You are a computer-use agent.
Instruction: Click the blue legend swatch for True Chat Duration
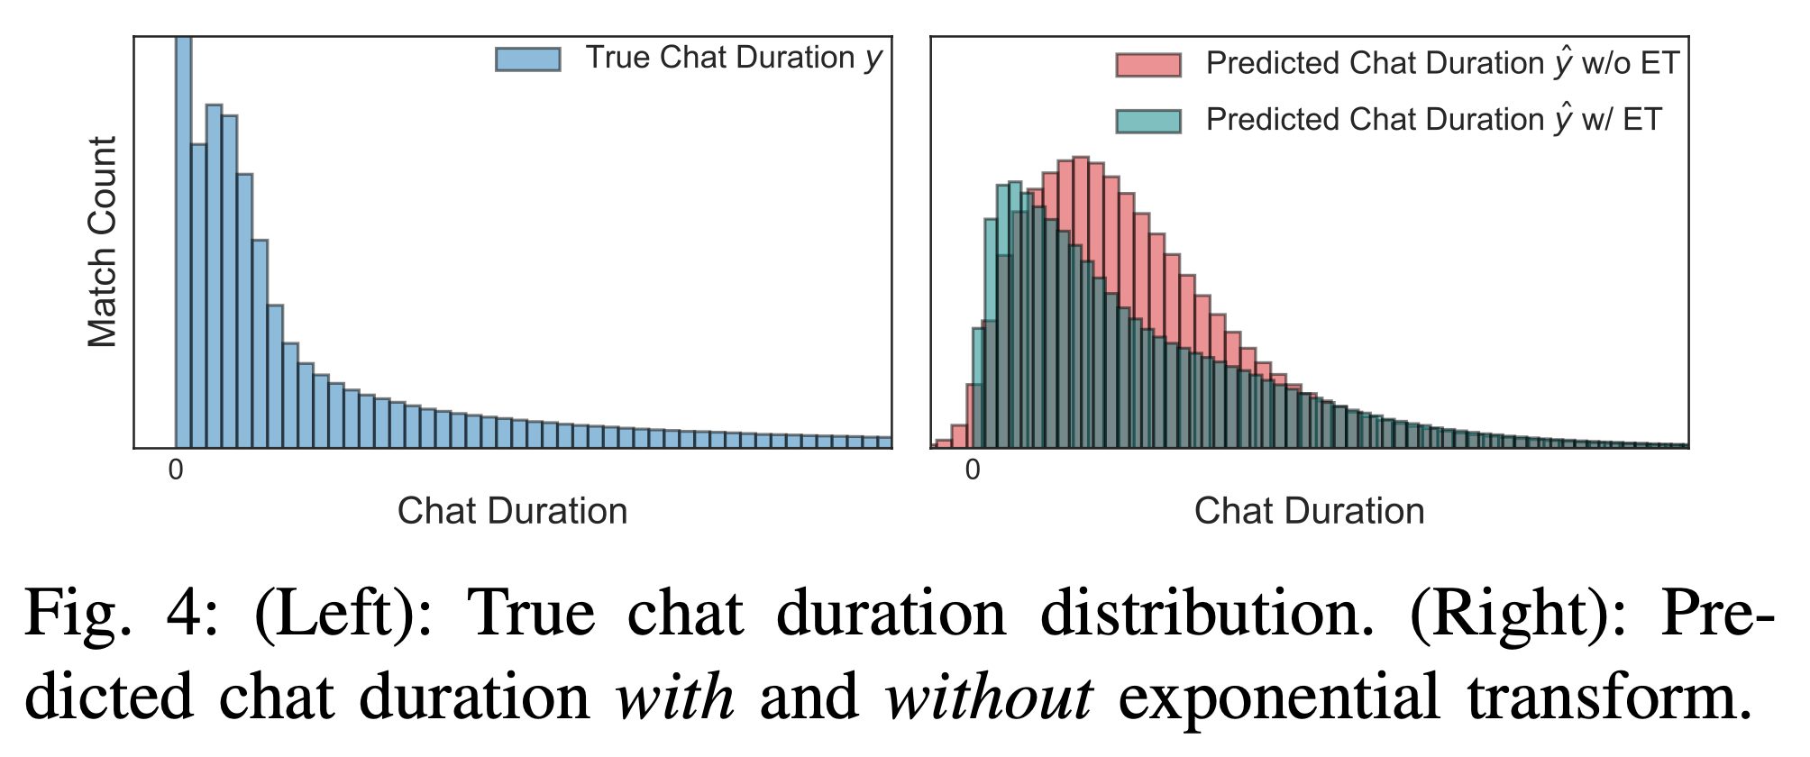528,59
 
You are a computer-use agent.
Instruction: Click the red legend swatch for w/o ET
1147,65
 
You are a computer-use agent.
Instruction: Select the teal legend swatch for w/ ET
1147,121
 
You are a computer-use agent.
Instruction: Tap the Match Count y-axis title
102,242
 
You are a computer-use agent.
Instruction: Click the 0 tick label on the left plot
176,470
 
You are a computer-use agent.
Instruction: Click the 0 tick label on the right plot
972,470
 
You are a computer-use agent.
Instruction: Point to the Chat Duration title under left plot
512,511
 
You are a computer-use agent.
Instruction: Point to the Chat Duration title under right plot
1309,511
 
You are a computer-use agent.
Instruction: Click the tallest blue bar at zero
183,243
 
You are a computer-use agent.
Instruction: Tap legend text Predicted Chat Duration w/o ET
1442,63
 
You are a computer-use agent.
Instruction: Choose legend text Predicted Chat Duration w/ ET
1433,119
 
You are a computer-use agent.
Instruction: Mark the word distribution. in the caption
1208,613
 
